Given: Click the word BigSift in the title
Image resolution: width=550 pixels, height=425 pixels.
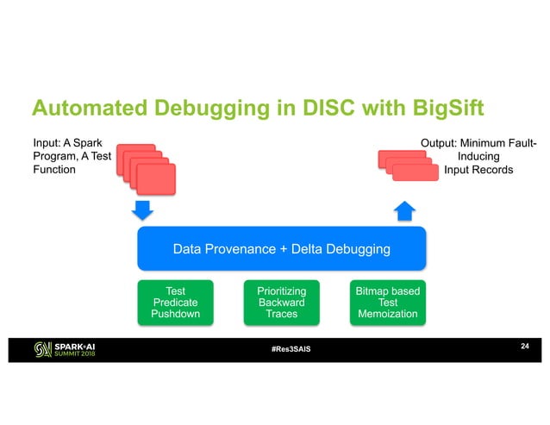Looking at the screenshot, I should pyautogui.click(x=434, y=109).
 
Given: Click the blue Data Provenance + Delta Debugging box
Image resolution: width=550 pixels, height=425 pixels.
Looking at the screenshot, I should pyautogui.click(x=281, y=249).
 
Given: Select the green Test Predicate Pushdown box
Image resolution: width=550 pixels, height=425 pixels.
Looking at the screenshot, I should pyautogui.click(x=175, y=302).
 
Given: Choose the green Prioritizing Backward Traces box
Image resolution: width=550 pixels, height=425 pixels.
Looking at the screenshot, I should pyautogui.click(x=281, y=302).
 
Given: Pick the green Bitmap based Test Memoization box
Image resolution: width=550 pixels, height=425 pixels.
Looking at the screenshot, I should pyautogui.click(x=387, y=302).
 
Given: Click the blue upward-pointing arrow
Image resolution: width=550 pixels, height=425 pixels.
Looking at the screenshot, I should pyautogui.click(x=405, y=210).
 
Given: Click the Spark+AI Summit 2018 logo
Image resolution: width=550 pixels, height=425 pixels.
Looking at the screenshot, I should pyautogui.click(x=67, y=349).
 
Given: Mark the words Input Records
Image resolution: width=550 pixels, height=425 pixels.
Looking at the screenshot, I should pyautogui.click(x=478, y=170).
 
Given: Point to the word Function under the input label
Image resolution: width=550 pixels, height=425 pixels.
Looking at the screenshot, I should pyautogui.click(x=53, y=170).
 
